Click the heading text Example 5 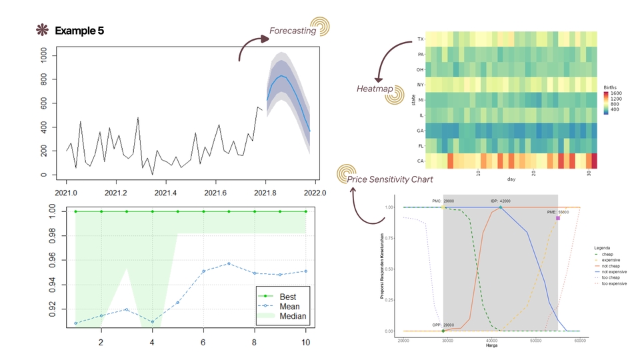(x=79, y=31)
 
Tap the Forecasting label (x=293, y=31)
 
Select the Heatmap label (x=374, y=89)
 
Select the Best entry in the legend (x=288, y=296)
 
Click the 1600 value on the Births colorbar (x=615, y=94)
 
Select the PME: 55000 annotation (x=549, y=211)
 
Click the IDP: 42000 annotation (x=500, y=200)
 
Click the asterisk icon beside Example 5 (x=42, y=31)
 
